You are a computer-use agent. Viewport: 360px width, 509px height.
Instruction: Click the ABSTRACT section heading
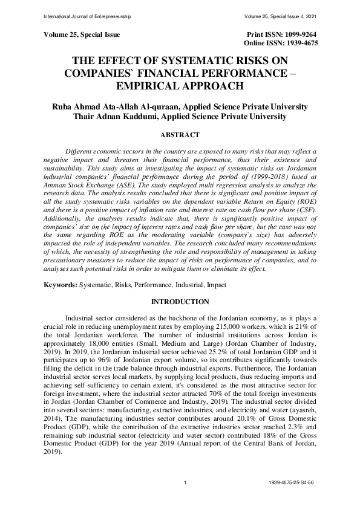[x=180, y=136]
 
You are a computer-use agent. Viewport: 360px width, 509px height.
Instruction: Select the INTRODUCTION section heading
[x=180, y=301]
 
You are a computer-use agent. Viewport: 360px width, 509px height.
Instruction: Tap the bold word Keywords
[x=59, y=284]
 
